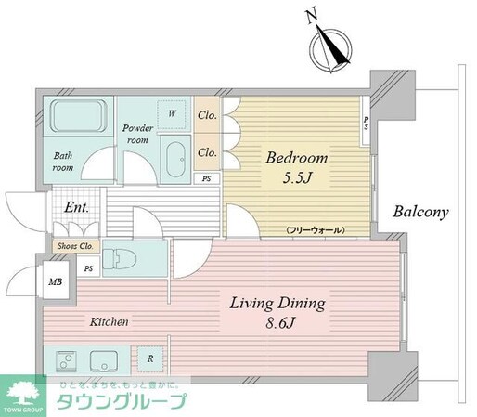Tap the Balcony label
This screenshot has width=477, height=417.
pyautogui.click(x=419, y=212)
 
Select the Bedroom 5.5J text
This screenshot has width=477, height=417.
pyautogui.click(x=295, y=165)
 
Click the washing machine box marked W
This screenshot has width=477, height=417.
pyautogui.click(x=171, y=114)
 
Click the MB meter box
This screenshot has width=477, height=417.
pyautogui.click(x=56, y=280)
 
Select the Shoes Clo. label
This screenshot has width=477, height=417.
pyautogui.click(x=75, y=246)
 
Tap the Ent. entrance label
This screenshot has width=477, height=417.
pyautogui.click(x=76, y=207)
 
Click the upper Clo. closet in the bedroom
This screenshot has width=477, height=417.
pyautogui.click(x=208, y=116)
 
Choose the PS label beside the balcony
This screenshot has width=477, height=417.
pyautogui.click(x=367, y=123)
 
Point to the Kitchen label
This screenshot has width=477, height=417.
pyautogui.click(x=109, y=321)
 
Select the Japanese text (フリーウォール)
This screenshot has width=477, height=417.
pyautogui.click(x=316, y=228)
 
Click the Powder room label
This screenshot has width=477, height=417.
pyautogui.click(x=139, y=133)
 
